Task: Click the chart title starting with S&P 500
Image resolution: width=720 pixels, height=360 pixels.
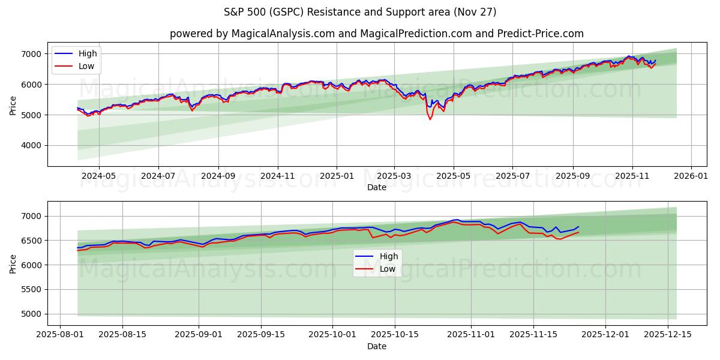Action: click(x=360, y=12)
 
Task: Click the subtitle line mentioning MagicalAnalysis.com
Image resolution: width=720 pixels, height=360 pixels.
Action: click(x=376, y=34)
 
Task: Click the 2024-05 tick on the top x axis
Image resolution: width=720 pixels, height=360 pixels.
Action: click(x=98, y=176)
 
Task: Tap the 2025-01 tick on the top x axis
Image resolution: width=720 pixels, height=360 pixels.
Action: click(x=336, y=176)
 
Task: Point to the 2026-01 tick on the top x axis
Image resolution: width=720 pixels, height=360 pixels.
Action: click(x=691, y=176)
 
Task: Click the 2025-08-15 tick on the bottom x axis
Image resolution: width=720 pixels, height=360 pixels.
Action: click(x=122, y=334)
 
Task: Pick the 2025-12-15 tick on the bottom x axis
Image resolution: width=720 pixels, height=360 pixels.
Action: click(x=669, y=334)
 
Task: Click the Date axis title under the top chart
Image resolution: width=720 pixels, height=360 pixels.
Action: click(x=376, y=187)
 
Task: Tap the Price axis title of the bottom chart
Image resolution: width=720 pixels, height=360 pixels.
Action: click(x=13, y=263)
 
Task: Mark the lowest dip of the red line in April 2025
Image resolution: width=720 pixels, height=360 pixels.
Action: click(x=430, y=119)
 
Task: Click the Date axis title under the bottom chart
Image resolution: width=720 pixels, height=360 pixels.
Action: click(x=376, y=346)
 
